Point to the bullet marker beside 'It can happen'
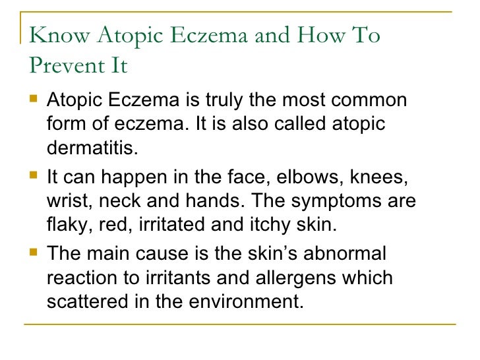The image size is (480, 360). coord(32,176)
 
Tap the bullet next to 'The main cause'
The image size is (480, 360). coord(32,252)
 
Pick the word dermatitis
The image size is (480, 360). coord(94,148)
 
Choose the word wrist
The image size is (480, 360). coord(67,200)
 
